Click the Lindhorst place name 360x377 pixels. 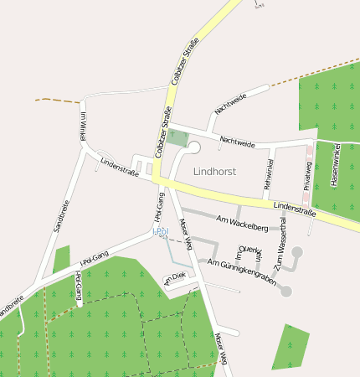(214, 171)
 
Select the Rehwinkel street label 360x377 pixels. (270, 173)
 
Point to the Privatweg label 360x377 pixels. (307, 176)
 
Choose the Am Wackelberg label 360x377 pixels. (241, 224)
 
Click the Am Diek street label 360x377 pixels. (174, 277)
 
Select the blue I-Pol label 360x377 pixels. (160, 230)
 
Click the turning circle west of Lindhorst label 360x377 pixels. (193, 147)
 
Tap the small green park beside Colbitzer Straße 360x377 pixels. (177, 137)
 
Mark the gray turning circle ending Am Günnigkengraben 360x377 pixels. (285, 291)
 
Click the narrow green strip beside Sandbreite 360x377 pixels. (60, 260)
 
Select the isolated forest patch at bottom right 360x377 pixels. (291, 347)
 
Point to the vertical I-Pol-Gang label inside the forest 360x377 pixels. (78, 286)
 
